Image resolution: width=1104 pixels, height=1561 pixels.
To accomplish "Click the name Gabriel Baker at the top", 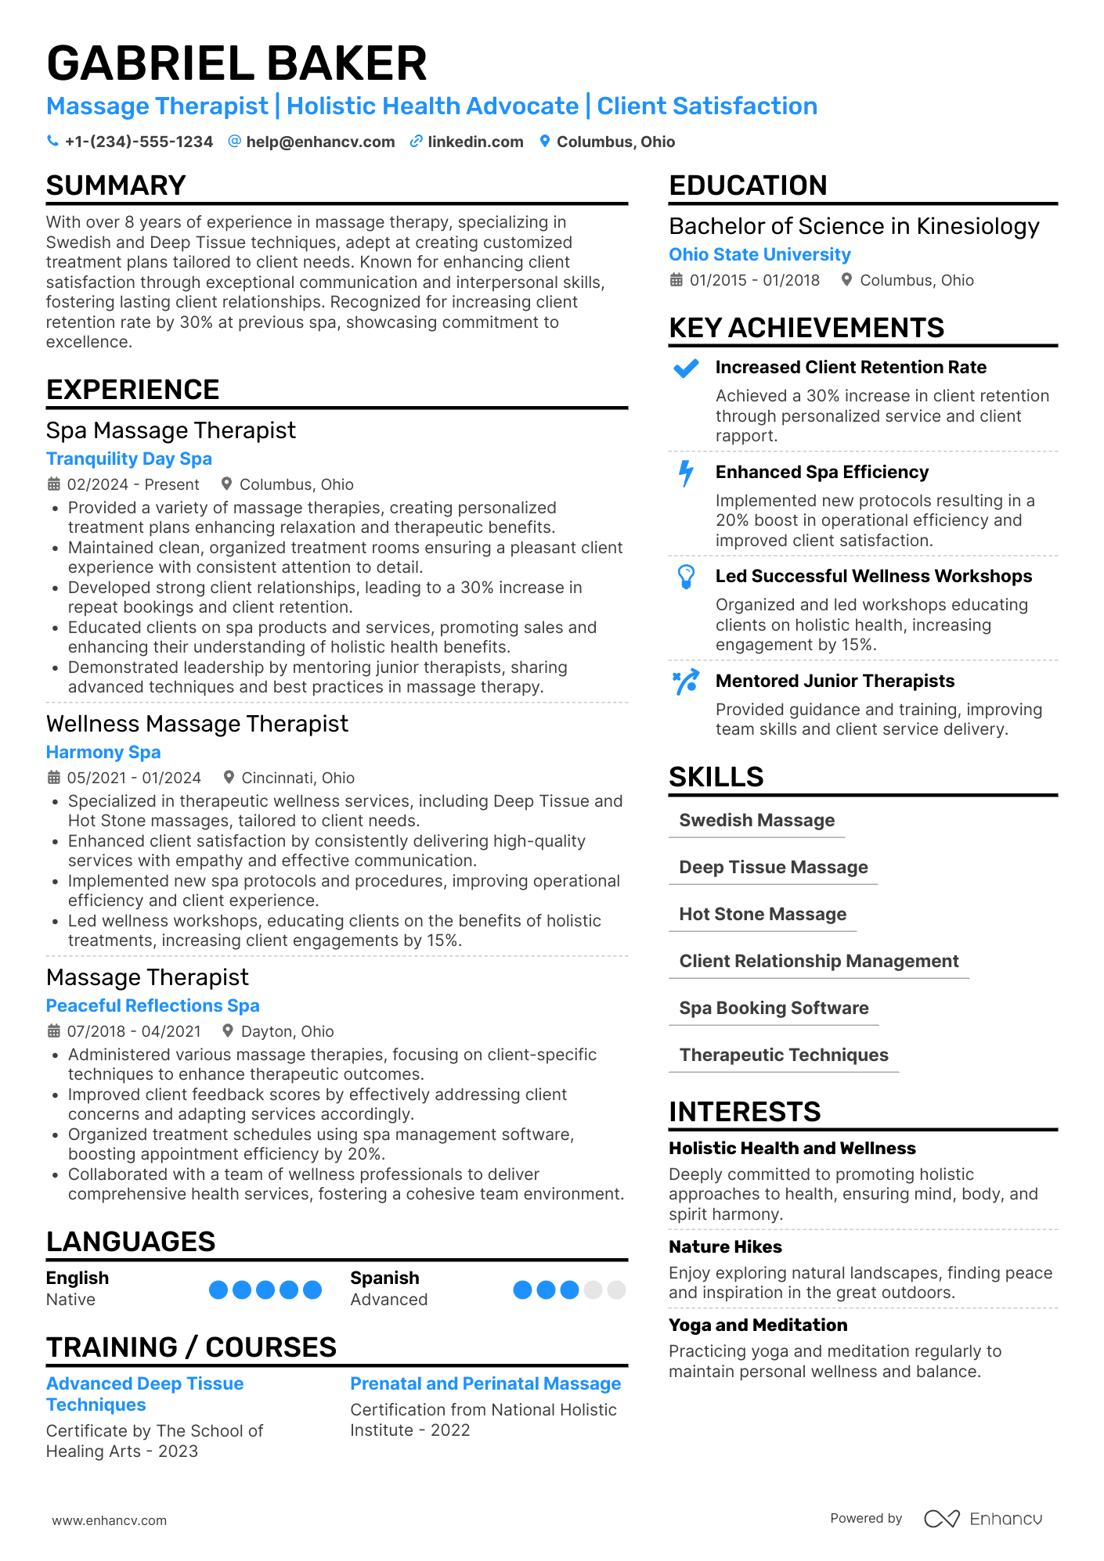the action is point(236,63).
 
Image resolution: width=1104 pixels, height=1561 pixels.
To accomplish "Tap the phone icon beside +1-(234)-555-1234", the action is point(52,141).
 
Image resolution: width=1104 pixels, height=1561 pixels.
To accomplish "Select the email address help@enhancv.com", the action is point(320,142).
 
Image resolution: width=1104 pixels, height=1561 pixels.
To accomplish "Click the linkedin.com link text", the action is point(475,142).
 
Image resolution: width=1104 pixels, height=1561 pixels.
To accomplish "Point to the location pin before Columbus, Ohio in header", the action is point(545,141).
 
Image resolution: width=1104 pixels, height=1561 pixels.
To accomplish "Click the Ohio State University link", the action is point(759,254).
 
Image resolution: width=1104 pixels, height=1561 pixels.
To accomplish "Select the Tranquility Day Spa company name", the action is point(128,459).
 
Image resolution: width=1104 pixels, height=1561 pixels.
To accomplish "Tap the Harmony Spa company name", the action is point(103,752).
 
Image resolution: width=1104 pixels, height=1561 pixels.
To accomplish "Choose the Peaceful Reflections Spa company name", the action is point(153,1005).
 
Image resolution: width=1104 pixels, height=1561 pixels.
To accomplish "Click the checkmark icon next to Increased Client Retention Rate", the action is point(686,368).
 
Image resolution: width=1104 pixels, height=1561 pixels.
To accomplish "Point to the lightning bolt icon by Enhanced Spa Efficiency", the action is point(686,473).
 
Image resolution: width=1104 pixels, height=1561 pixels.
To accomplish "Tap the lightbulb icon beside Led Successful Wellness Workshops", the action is point(686,577).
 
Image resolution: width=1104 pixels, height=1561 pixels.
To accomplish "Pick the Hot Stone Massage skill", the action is point(763,914).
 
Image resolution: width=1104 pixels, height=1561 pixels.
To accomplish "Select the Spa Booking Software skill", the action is point(774,1008).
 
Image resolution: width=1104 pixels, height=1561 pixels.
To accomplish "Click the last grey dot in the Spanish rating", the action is point(617,1289).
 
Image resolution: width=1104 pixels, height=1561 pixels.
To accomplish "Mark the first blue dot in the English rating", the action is point(218,1289).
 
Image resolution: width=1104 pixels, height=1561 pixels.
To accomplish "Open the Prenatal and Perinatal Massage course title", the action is point(485,1383).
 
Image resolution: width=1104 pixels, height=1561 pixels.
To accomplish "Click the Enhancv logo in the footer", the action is point(983,1519).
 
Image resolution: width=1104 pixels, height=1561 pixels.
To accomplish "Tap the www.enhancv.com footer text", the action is point(110,1520).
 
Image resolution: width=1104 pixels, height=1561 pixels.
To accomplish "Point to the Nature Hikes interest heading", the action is point(725,1246).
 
